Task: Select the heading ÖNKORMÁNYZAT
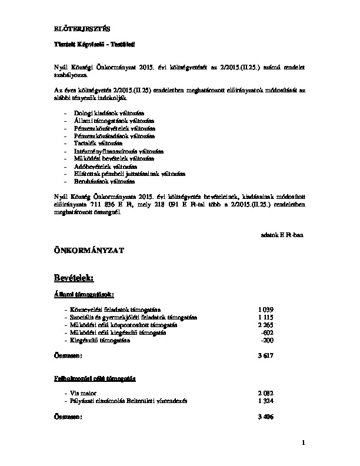tap(88, 251)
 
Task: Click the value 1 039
tap(266, 309)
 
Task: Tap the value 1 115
tap(266, 317)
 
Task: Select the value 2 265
tap(266, 325)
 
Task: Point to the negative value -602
tap(267, 332)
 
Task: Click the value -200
tap(267, 340)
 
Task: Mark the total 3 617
tap(266, 356)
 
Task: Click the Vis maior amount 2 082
tap(266, 392)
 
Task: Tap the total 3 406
tap(266, 416)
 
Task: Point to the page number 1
tap(303, 442)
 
